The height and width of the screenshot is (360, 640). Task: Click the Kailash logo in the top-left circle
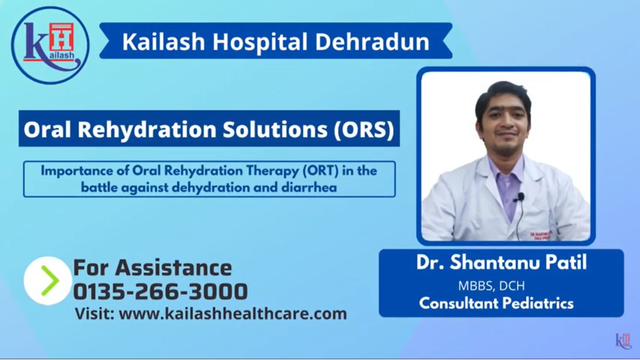(50, 44)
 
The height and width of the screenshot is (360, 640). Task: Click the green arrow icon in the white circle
(48, 281)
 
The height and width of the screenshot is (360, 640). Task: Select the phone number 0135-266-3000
(161, 291)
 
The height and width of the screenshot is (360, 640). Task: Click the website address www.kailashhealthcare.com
(232, 314)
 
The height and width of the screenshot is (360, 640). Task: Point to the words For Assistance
(152, 267)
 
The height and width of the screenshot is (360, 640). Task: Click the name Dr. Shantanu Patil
(501, 262)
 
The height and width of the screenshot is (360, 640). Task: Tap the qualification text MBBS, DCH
(491, 286)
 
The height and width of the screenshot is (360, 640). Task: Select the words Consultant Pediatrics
(496, 304)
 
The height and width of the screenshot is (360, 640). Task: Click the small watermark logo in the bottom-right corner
(623, 341)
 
